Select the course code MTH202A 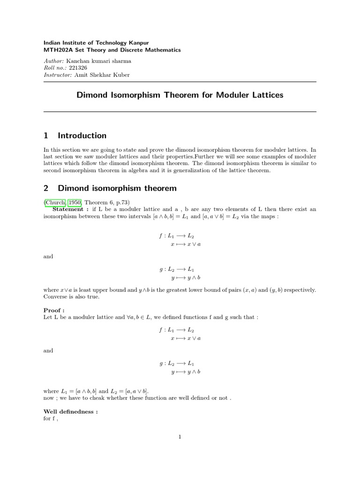coord(56,50)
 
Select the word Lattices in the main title coord(266,95)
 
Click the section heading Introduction coord(82,136)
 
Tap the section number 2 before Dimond coord(46,188)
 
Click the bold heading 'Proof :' coord(53,310)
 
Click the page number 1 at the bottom coord(180,437)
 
